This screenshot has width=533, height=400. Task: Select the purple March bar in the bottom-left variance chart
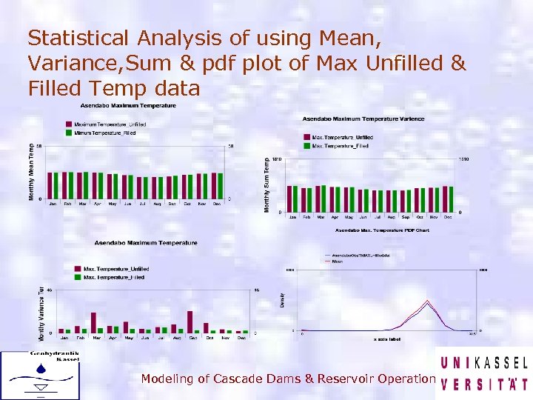(x=93, y=321)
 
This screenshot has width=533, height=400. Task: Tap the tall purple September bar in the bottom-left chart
(x=190, y=321)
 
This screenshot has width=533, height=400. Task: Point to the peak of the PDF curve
(x=427, y=301)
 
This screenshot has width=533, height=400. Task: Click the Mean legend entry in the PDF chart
(x=337, y=261)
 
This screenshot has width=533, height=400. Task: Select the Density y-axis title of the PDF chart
(x=281, y=300)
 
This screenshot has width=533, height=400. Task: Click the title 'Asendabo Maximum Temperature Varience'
(x=363, y=119)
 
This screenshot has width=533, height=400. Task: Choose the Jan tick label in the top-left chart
(x=52, y=203)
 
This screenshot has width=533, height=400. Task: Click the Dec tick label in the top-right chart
(x=448, y=217)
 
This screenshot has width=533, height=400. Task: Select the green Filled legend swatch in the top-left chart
(x=69, y=133)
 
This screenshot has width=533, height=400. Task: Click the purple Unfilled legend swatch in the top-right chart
(x=306, y=137)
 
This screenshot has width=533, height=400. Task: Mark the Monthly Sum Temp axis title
(x=267, y=184)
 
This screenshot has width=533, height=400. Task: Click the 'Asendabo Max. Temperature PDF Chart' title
(x=382, y=231)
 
